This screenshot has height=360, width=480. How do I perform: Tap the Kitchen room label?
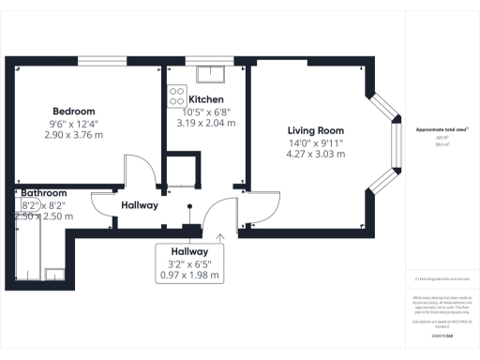click(x=206, y=99)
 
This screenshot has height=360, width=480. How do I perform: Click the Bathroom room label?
click(x=44, y=192)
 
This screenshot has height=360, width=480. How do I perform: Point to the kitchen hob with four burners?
click(x=176, y=96)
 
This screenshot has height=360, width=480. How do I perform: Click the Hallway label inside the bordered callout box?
click(x=190, y=251)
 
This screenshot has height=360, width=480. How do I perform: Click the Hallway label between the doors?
click(x=139, y=205)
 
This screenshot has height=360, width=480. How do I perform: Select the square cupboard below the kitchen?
click(x=180, y=172)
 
